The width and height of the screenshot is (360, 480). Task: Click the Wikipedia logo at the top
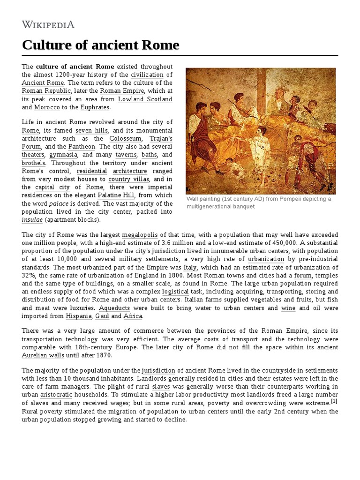click(x=48, y=24)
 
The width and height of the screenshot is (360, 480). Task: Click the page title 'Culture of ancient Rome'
click(x=100, y=45)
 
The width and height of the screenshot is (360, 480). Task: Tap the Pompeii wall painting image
click(x=261, y=131)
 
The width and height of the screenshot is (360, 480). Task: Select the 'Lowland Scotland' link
click(x=145, y=99)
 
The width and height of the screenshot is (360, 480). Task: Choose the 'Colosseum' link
click(x=125, y=139)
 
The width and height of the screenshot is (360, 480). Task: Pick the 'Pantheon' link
click(x=82, y=147)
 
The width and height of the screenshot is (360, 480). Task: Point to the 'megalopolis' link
click(x=140, y=234)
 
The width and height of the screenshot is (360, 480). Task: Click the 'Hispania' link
click(x=79, y=316)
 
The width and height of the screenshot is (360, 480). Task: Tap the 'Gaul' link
click(x=102, y=316)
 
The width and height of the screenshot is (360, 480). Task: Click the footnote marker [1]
click(x=334, y=402)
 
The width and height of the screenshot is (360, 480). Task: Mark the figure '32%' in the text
click(x=29, y=275)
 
